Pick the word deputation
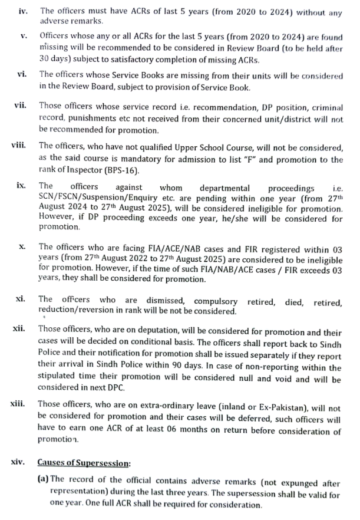coord(141,328)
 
